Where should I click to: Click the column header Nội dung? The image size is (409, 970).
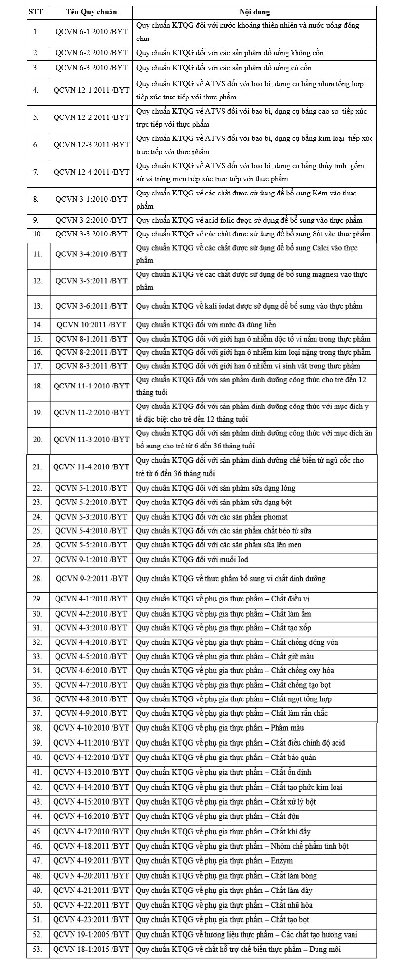point(254,12)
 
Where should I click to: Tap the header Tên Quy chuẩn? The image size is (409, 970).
point(91,12)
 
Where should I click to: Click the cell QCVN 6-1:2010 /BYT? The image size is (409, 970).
point(91,32)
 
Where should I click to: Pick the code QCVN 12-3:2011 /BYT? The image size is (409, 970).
point(91,145)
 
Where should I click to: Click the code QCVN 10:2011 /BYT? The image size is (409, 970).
point(91,325)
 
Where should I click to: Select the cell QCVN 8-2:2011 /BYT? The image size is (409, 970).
point(91,352)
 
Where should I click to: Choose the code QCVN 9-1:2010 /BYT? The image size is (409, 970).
point(91,560)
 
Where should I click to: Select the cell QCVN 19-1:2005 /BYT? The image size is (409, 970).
point(91,935)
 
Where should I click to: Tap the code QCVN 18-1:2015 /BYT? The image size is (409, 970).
point(91,950)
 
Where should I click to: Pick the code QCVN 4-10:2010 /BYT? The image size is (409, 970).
point(91,728)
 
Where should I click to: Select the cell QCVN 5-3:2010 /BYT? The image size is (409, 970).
point(91,517)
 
